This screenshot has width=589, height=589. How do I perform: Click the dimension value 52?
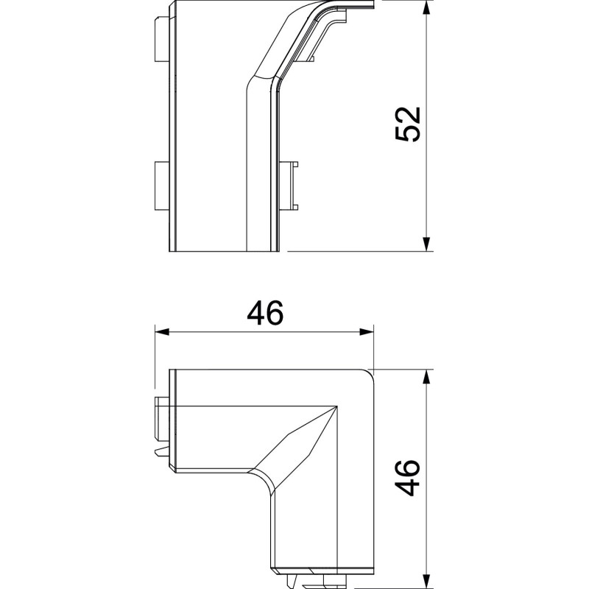[x=408, y=124]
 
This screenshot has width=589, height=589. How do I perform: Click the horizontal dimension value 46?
[x=265, y=313]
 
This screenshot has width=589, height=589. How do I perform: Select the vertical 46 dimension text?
[x=408, y=478]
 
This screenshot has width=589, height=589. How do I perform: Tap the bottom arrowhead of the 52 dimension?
[x=426, y=244]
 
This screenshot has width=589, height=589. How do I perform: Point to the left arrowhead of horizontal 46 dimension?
[x=162, y=332]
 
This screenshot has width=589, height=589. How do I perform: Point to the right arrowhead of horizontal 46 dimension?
[x=367, y=332]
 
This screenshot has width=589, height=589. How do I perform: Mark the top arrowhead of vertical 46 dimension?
[x=426, y=376]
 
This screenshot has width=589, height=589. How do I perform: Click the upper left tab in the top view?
[x=162, y=39]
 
